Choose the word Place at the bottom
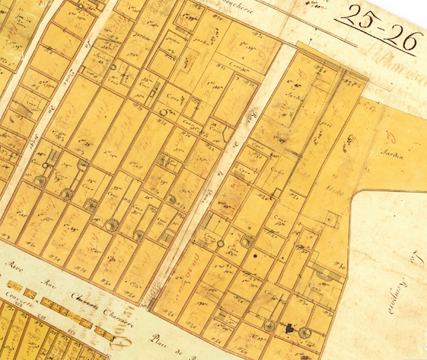tap(161, 337)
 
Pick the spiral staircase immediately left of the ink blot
tap(270, 326)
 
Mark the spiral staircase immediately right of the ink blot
tap(305, 332)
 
